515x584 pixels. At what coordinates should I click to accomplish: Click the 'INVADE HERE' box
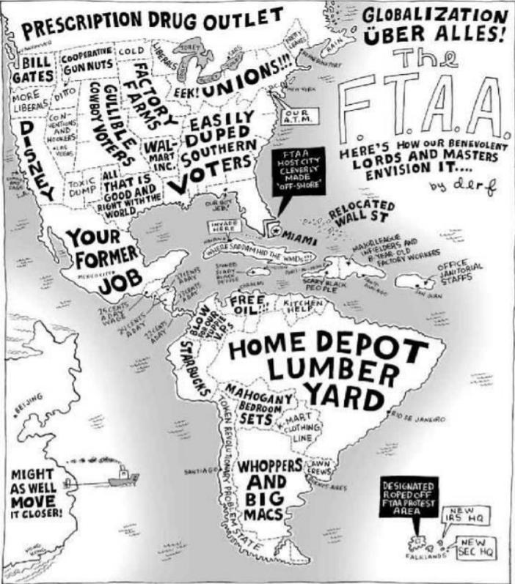224,224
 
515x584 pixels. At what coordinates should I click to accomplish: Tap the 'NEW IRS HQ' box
462,514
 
